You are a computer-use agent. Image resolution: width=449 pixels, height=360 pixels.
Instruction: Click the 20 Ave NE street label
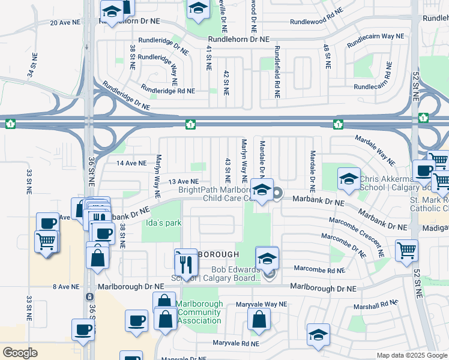65,22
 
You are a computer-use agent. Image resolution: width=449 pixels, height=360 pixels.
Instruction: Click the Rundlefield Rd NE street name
277,72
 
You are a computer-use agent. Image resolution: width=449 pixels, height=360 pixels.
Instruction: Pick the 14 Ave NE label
132,163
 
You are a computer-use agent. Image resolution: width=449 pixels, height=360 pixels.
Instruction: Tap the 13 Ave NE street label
183,181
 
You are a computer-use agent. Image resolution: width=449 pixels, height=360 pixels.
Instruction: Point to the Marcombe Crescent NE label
343,245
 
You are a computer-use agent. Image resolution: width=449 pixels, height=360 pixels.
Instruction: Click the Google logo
20,353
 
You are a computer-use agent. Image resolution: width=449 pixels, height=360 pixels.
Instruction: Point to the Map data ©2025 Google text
412,355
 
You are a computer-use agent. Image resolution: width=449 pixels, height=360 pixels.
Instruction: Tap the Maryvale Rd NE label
236,344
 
